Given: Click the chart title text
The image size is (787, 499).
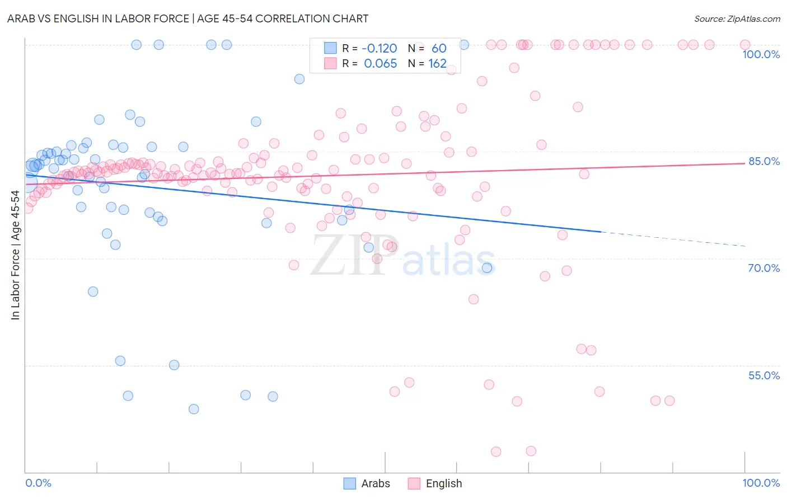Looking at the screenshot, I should [x=187, y=18].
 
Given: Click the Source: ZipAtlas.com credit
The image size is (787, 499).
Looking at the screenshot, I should [x=737, y=18].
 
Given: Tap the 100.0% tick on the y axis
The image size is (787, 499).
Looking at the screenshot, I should [x=761, y=54].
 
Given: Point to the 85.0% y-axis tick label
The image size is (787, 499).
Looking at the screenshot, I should [x=763, y=161].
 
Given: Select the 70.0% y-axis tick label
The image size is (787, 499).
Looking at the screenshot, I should [x=763, y=268].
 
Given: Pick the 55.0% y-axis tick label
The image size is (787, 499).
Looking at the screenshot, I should [x=763, y=375].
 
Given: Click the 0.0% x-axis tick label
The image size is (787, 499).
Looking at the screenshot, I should [x=38, y=483].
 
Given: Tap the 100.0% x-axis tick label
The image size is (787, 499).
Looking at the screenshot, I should [x=761, y=483].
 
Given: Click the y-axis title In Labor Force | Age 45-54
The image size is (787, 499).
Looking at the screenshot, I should [x=15, y=255].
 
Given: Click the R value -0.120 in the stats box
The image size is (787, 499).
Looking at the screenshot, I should [x=380, y=49].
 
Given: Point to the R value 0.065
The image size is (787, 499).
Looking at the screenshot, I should [x=381, y=64].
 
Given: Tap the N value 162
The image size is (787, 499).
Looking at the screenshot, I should [x=437, y=64].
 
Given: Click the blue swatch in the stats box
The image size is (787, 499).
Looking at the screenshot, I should [x=330, y=49].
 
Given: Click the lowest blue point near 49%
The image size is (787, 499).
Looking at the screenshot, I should [x=194, y=409].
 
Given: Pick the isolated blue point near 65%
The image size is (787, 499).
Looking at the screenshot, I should [x=93, y=291].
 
